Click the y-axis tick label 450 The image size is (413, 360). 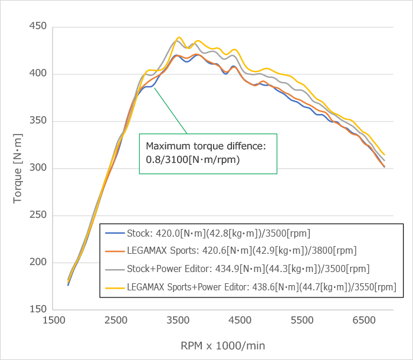tap(38, 27)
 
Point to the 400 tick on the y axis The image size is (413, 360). tap(38, 74)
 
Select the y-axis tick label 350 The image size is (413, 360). tap(38, 122)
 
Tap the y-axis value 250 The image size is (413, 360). tap(38, 215)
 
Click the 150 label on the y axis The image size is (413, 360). tap(38, 310)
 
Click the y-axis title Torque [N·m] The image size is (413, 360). tap(18, 168)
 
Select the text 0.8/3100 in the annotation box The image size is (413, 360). tap(166, 159)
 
